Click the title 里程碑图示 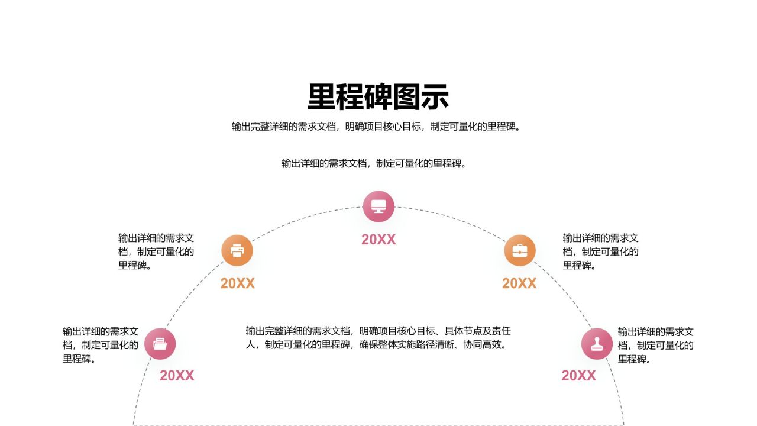click(x=378, y=97)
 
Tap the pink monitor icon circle click(x=378, y=206)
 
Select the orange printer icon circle click(x=237, y=250)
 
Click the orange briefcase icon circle click(x=520, y=250)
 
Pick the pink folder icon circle click(x=160, y=344)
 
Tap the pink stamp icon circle click(x=597, y=344)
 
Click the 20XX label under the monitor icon click(x=378, y=240)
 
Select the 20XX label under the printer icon click(x=237, y=283)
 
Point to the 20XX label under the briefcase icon click(x=519, y=283)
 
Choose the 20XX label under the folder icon click(x=177, y=376)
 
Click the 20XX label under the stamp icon click(x=578, y=376)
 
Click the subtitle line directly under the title click(x=378, y=127)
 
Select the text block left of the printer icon click(x=156, y=251)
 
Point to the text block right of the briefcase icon click(x=600, y=251)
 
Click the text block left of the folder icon click(x=101, y=345)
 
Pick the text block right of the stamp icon click(x=656, y=345)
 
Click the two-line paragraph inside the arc click(x=378, y=338)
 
